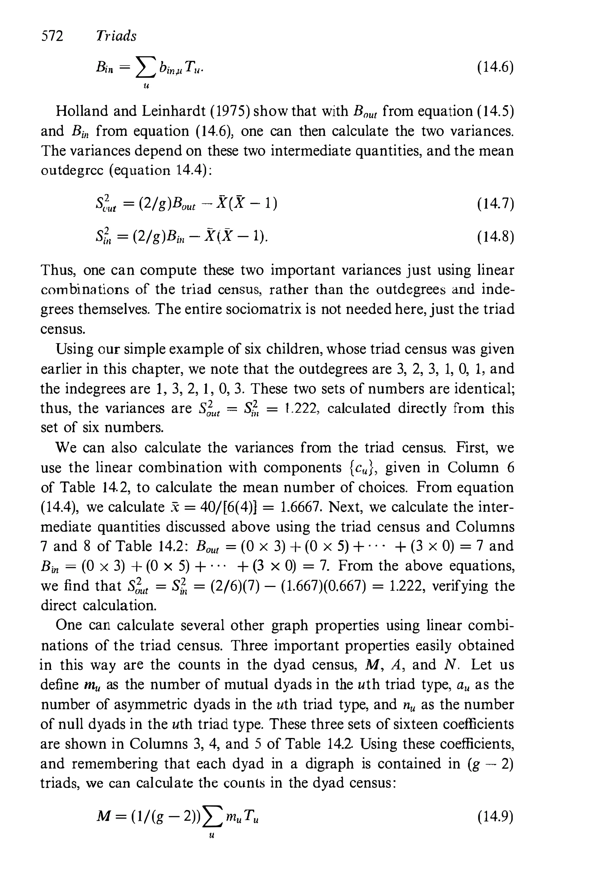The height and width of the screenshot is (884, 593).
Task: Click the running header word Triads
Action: point(116,36)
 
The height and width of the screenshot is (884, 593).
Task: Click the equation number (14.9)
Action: point(495,817)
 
